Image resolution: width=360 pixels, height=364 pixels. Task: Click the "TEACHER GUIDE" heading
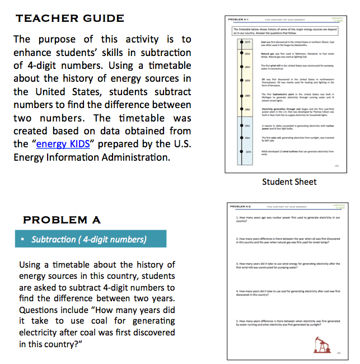point(70,18)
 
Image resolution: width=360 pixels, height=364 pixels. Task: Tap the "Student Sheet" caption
point(289,181)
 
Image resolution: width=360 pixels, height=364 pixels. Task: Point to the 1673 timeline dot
point(233,43)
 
